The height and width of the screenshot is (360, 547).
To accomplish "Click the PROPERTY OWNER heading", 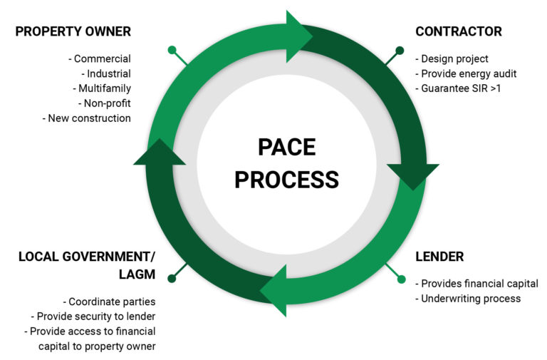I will pos(73,31).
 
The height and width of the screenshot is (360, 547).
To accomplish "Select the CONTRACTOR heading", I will pos(458,31).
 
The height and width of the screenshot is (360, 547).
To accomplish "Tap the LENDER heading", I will pos(439,256).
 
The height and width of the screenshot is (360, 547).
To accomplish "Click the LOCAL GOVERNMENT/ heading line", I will pos(87,256).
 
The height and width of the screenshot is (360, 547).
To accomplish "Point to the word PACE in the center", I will pos(286,148).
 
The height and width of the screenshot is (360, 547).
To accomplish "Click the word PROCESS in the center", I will pos(286,180).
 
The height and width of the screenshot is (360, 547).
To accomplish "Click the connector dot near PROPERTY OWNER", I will pos(172,51).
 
